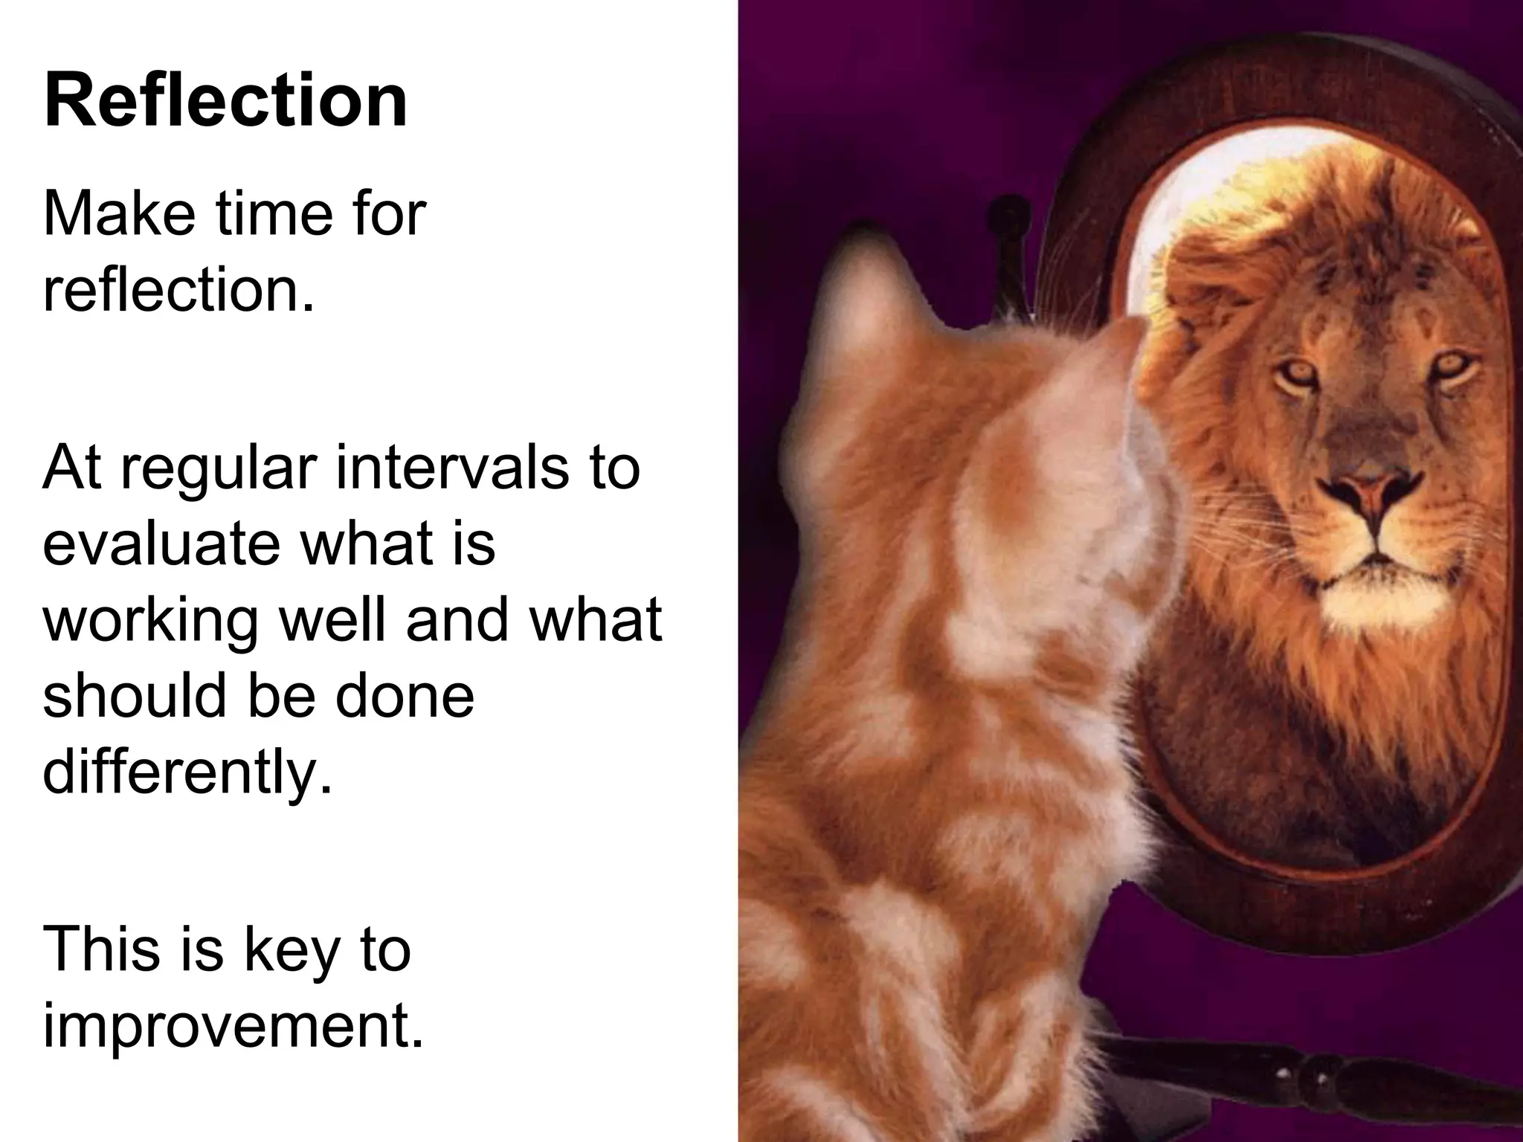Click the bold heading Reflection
click(226, 100)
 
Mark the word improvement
click(233, 1028)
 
